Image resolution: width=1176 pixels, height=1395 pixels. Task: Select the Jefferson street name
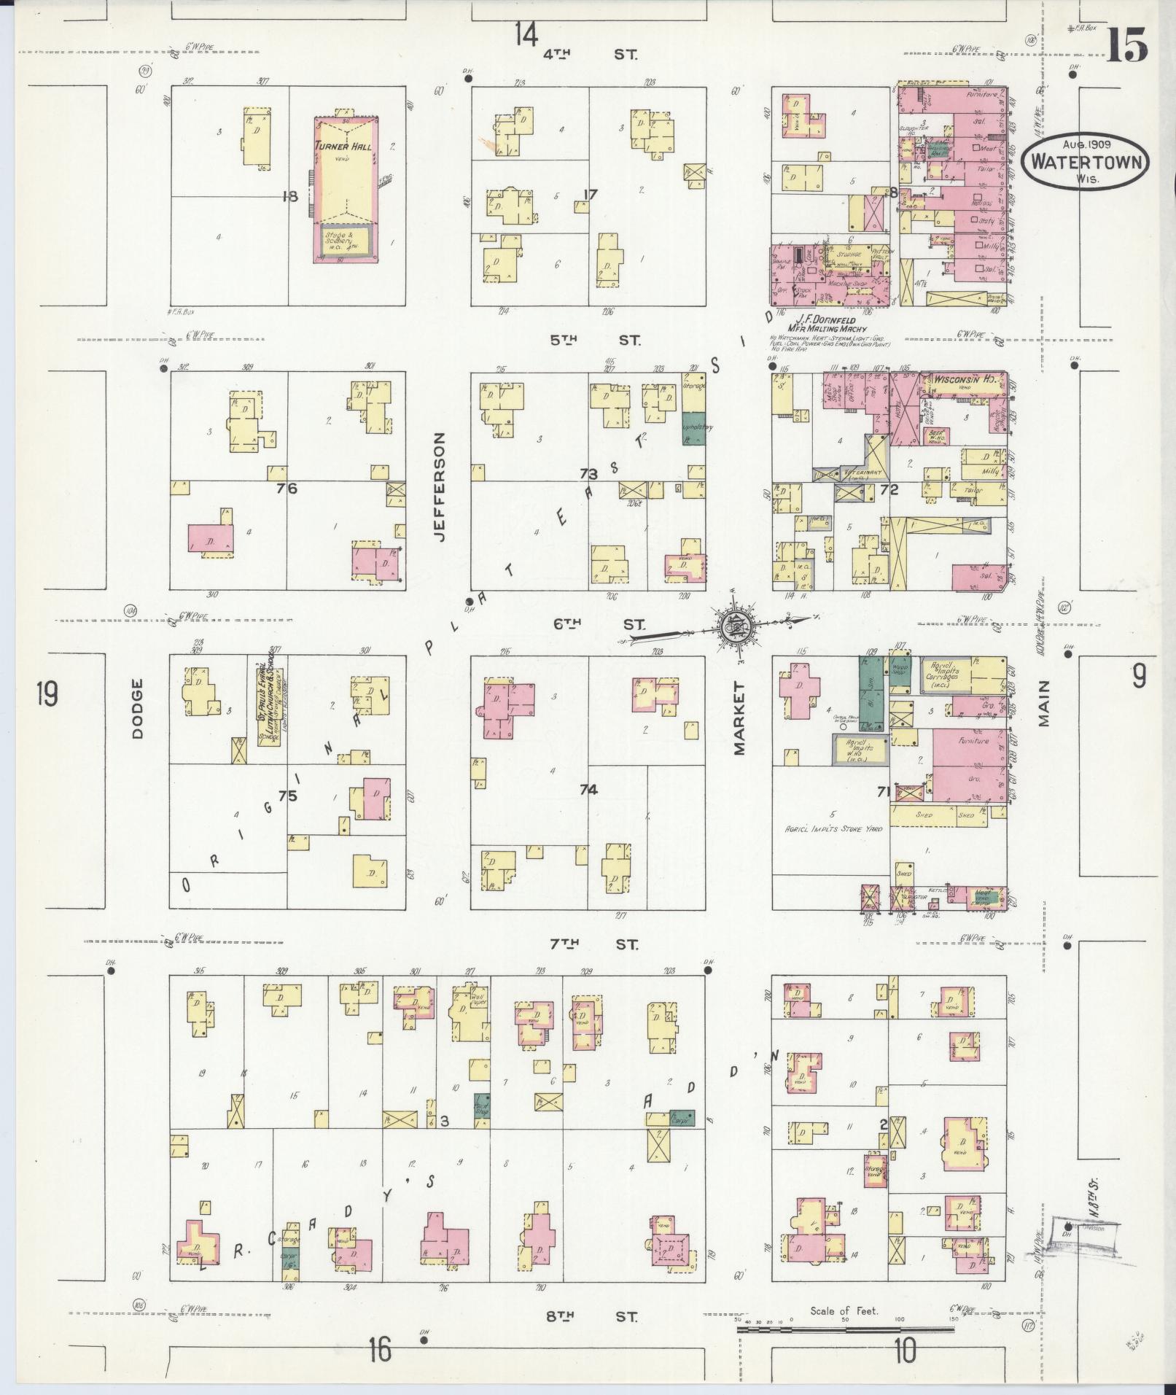click(x=439, y=486)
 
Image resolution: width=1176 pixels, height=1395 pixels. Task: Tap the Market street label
click(x=741, y=718)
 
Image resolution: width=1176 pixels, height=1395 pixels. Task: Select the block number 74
click(x=588, y=789)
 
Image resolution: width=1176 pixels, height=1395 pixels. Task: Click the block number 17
click(x=590, y=195)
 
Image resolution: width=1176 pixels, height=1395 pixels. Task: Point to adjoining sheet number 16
click(x=380, y=1349)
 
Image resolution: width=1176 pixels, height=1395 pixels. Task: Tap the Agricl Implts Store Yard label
click(x=830, y=828)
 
